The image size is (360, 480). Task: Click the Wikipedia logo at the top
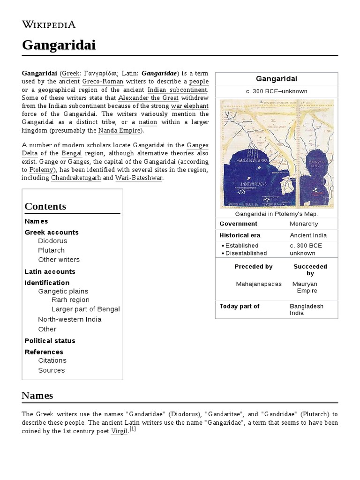[x=49, y=24]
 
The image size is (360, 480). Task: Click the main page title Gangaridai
[x=59, y=45]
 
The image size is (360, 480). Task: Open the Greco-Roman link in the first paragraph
[x=103, y=82]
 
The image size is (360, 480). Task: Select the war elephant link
[x=189, y=105]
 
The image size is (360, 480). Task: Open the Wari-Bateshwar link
[x=139, y=178]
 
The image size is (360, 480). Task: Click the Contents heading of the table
[x=45, y=206]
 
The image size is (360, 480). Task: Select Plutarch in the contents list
[x=52, y=250]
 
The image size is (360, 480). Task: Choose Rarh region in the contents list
[x=70, y=300]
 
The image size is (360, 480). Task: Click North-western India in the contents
[x=70, y=319]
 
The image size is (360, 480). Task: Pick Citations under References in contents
[x=52, y=360]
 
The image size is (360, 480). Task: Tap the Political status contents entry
[x=50, y=341]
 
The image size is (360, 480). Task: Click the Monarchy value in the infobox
[x=304, y=224]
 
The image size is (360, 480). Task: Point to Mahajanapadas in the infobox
[x=259, y=284]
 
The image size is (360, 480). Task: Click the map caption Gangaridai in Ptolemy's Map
[x=277, y=214]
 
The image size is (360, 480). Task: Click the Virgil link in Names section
[x=119, y=431]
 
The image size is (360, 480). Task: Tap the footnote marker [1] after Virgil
[x=133, y=429]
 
